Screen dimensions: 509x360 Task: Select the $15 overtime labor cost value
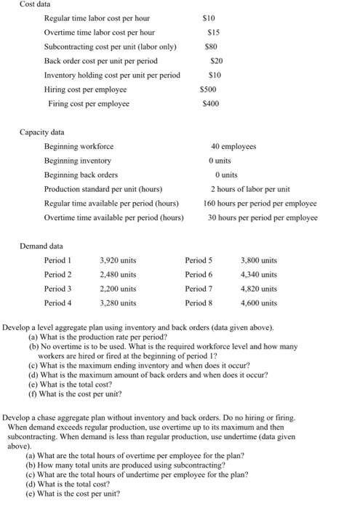point(214,33)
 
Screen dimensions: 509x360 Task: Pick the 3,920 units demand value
point(117,260)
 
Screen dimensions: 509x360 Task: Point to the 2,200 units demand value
point(117,289)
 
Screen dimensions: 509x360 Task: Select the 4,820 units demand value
point(258,289)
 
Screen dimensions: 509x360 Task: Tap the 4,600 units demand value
point(258,302)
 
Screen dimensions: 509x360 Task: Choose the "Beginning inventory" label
point(78,161)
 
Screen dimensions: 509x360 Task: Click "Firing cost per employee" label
point(89,104)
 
